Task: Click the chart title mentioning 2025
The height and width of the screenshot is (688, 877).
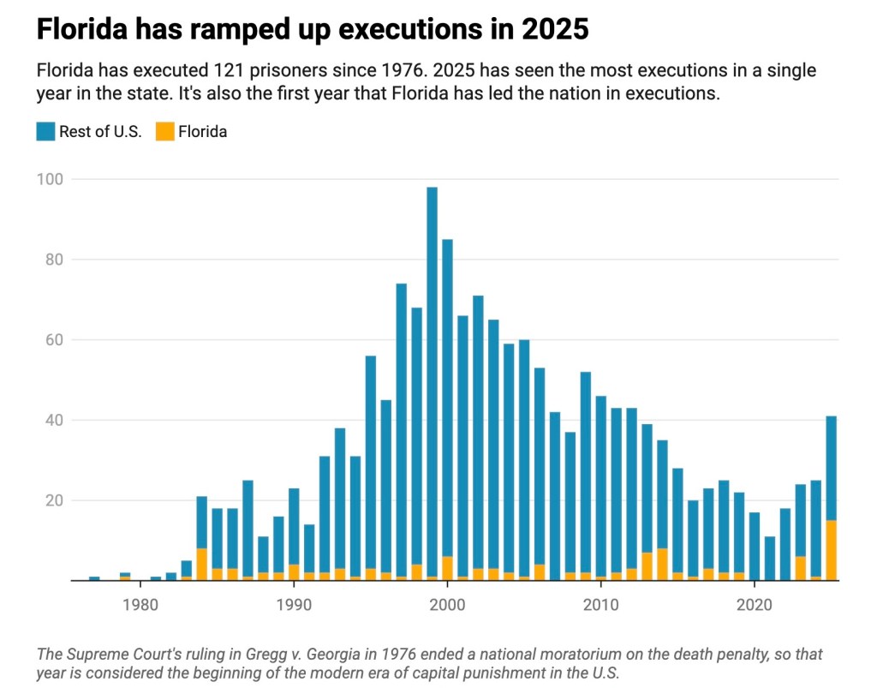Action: [313, 29]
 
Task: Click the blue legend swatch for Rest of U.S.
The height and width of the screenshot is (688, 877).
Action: [45, 131]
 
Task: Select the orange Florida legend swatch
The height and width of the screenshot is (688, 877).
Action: [164, 131]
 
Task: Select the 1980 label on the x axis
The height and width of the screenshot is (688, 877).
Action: [140, 601]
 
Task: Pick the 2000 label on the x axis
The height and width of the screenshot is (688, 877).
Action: [447, 601]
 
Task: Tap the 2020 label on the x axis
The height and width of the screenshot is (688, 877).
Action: [754, 601]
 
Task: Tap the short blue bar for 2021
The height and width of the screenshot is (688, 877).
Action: [769, 559]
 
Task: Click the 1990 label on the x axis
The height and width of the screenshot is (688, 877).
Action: [294, 601]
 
